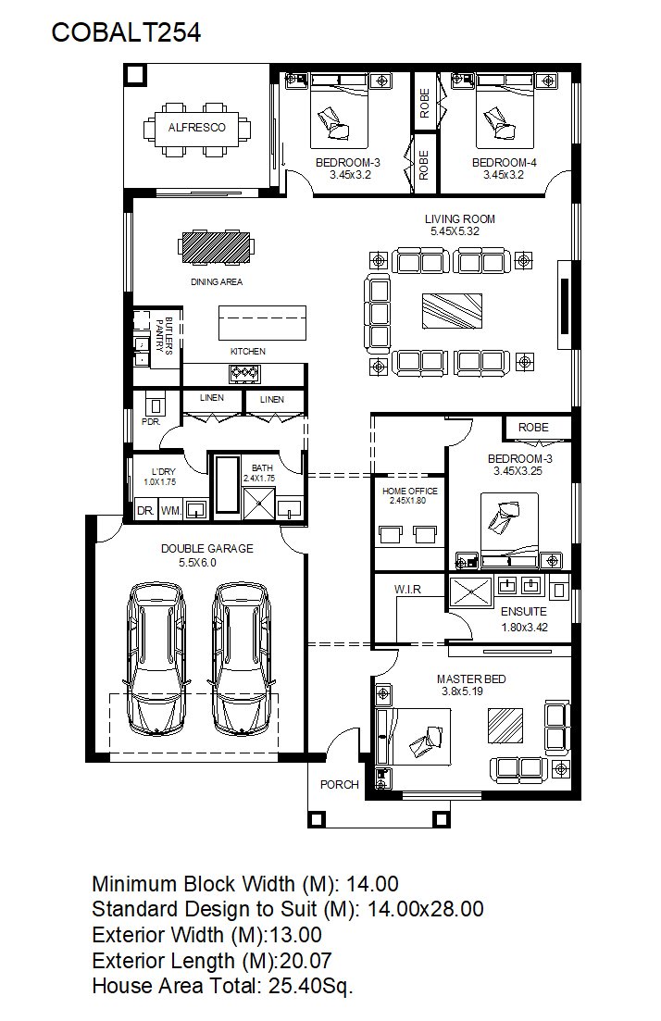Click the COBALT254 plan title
126,32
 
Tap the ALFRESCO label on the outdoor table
196,128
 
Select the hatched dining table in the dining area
217,247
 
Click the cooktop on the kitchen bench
244,373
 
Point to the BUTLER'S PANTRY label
164,335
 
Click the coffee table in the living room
452,311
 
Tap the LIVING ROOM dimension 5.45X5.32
455,231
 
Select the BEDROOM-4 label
504,163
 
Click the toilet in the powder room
155,405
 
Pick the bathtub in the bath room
228,484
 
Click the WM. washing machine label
171,511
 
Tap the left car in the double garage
157,659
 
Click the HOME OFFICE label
409,491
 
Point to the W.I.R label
407,590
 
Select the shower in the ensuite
471,591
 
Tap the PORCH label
339,785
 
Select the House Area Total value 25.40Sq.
311,987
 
